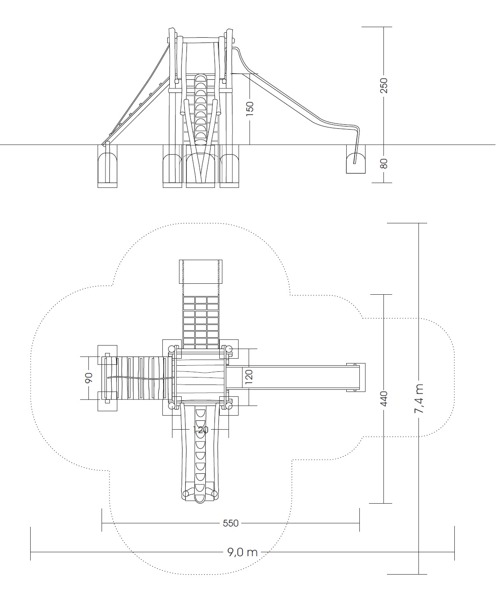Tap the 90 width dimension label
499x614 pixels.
coord(90,378)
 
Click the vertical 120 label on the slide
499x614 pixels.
coord(250,377)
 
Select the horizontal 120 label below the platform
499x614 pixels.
coord(202,430)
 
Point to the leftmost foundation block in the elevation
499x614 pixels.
coord(108,166)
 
